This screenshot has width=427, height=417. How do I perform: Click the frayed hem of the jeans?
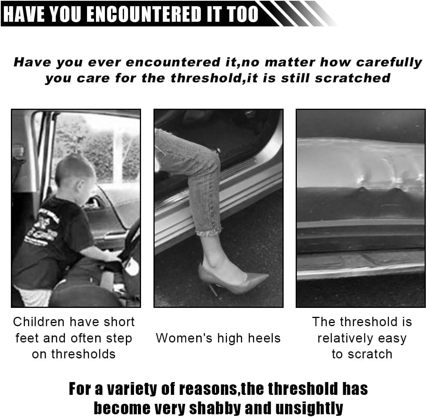(209, 232)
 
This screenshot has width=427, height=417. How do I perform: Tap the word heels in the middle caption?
(264, 338)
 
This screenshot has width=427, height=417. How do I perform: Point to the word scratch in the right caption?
(370, 354)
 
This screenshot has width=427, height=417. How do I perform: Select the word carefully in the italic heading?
(389, 62)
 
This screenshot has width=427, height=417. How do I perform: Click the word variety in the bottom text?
(130, 389)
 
